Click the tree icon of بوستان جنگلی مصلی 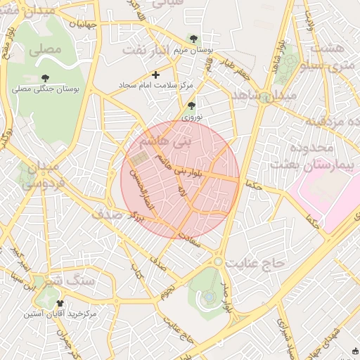pos(46,78)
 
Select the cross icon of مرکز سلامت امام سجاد pos(156,75)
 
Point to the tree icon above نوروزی pos(191,105)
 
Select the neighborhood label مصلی pos(48,49)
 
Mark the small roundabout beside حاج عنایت pos(219,262)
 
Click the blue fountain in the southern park pos(209,298)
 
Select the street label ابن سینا pos(29,282)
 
